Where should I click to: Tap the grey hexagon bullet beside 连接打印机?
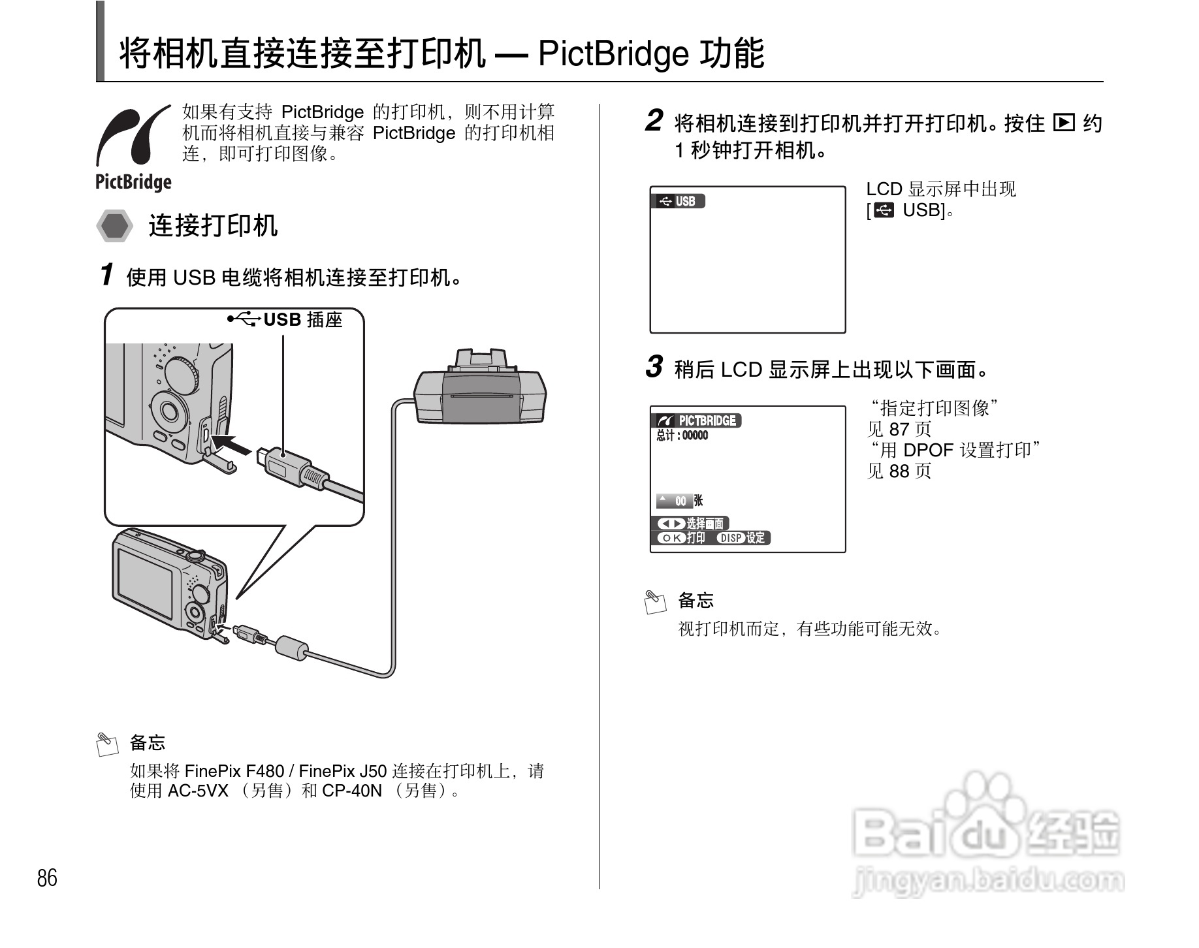(x=115, y=226)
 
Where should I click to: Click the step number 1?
(x=107, y=275)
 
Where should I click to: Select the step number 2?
(x=654, y=121)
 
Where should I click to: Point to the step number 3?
(x=654, y=367)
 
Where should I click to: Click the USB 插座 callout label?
(x=302, y=320)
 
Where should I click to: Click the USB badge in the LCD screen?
(x=679, y=201)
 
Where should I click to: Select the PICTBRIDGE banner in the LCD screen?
(x=697, y=420)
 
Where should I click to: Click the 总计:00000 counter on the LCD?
(x=682, y=435)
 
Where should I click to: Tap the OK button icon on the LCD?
(x=671, y=538)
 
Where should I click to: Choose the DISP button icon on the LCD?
(x=731, y=538)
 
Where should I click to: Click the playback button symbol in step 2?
(x=1064, y=122)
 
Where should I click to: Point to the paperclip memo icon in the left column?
(x=107, y=744)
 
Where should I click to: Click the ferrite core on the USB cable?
(x=291, y=647)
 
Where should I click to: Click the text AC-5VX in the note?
(x=198, y=791)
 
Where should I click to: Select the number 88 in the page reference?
(x=899, y=471)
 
